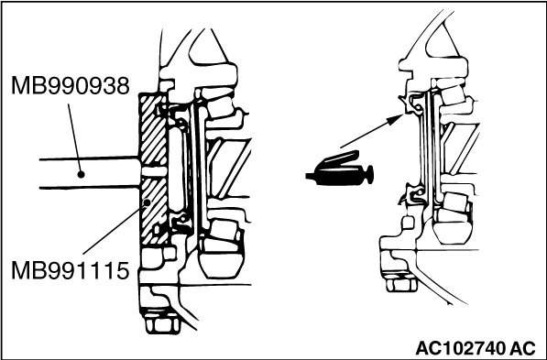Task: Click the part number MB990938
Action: pos(71,85)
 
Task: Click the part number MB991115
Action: pos(71,270)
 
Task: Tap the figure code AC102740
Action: pos(461,348)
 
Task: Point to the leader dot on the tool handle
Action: pos(81,174)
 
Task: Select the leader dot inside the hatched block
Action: pos(148,202)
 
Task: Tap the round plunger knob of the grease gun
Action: pos(368,174)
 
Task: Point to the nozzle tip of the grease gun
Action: pos(309,176)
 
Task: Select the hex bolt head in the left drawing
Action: pos(162,323)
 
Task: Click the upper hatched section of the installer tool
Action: pos(153,129)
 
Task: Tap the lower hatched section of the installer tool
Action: pos(153,212)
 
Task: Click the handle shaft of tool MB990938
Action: pos(89,173)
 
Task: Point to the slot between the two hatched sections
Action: pos(154,171)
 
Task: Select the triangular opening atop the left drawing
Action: pos(205,47)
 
